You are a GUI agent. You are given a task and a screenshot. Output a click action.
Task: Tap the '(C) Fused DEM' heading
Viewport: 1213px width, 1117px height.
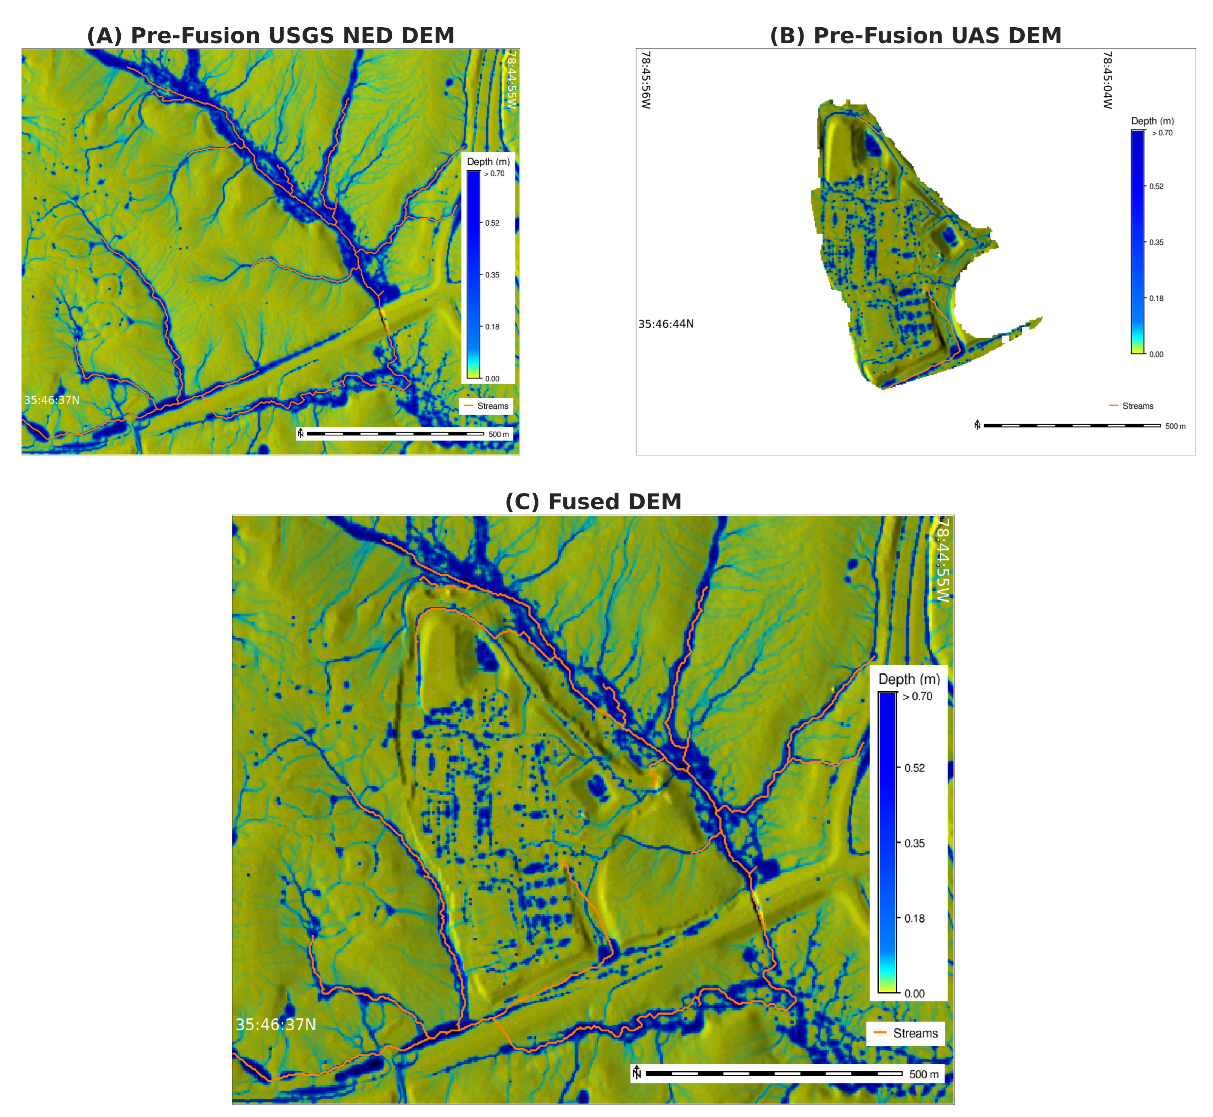point(593,502)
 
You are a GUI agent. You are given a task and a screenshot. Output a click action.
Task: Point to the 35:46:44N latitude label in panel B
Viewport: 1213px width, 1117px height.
point(666,324)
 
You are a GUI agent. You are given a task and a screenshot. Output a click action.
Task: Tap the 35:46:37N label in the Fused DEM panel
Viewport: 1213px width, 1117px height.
point(276,1025)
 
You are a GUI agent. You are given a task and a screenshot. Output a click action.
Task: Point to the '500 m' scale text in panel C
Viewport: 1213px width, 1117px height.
point(924,1074)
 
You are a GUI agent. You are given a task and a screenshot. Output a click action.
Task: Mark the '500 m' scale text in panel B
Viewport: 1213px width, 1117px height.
point(1175,426)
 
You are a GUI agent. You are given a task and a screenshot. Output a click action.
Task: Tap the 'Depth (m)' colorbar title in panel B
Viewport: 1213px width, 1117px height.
point(1152,121)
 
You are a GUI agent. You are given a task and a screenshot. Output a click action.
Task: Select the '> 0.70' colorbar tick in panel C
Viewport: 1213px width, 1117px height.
point(918,696)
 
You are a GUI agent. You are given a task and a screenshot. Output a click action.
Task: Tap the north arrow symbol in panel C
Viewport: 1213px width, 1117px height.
point(637,1072)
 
